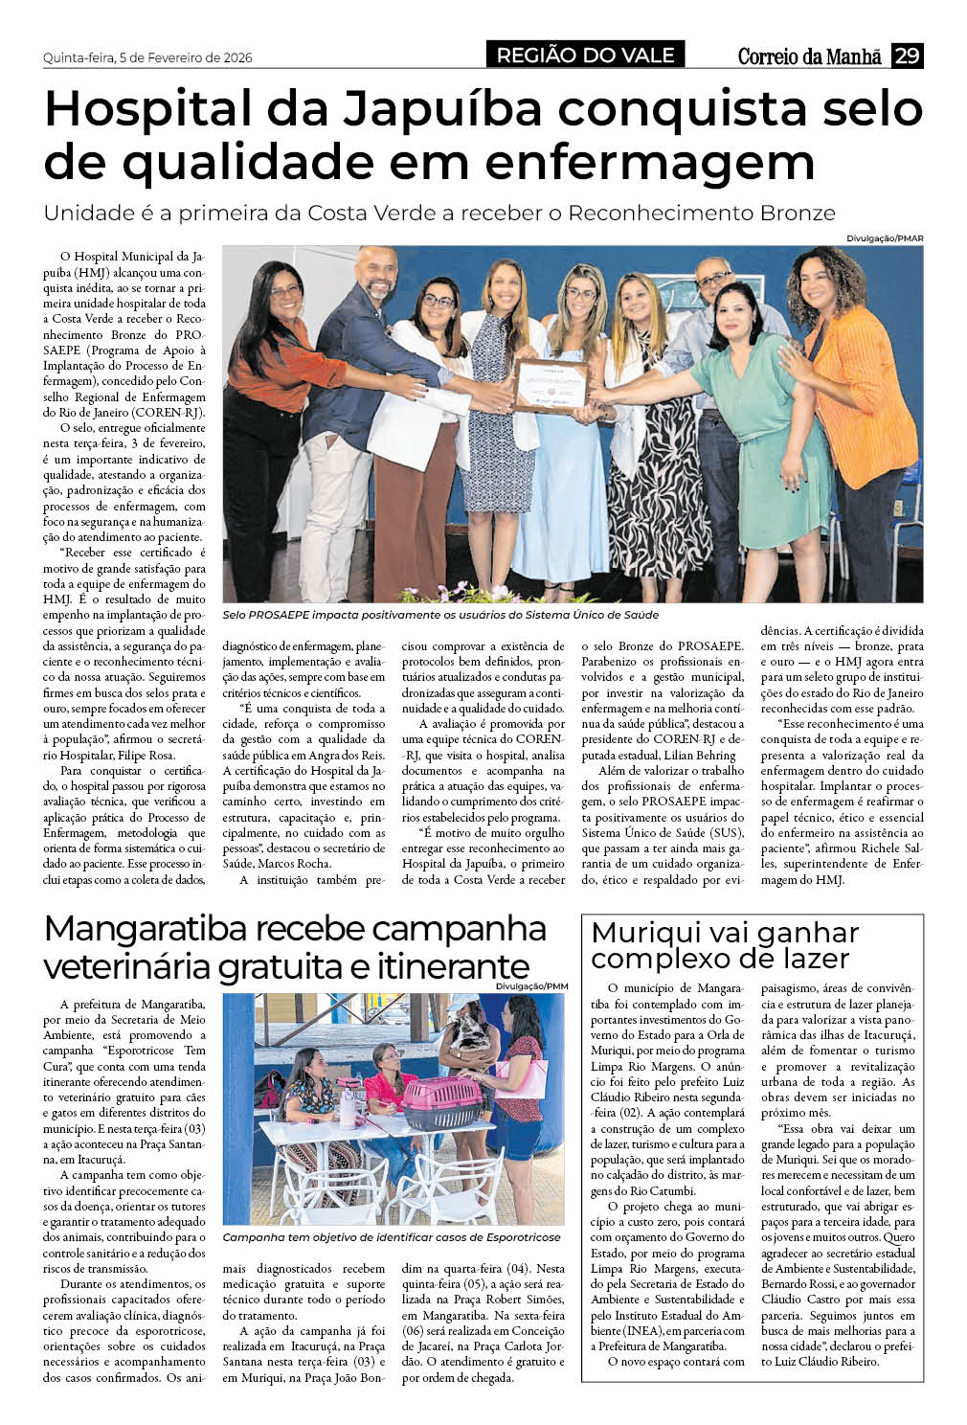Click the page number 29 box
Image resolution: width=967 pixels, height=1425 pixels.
point(907,56)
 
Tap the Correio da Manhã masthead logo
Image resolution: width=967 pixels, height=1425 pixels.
point(809,57)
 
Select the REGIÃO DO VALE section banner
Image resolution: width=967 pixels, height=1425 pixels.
point(585,56)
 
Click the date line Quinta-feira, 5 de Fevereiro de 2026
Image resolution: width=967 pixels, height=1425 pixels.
point(147,57)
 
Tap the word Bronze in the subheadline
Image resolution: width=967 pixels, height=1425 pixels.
point(788,213)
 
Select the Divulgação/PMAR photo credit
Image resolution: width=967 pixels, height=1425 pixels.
point(885,237)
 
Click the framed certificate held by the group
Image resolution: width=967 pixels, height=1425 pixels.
point(551,386)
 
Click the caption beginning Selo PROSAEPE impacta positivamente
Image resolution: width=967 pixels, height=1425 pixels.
point(440,615)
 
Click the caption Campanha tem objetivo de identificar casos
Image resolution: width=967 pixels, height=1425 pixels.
point(393,1238)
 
